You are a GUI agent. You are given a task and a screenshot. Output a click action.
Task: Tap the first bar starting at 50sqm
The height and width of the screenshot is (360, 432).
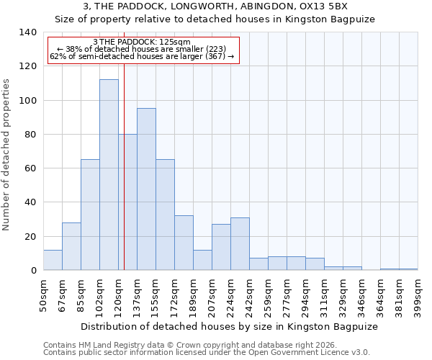point(53,260)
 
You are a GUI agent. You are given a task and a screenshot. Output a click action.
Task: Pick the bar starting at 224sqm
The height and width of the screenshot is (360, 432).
point(240,244)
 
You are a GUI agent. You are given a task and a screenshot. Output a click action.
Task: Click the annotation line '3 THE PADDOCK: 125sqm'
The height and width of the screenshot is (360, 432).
point(142,42)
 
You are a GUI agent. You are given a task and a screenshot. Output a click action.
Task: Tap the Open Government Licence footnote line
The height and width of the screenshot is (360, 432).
point(207,353)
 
